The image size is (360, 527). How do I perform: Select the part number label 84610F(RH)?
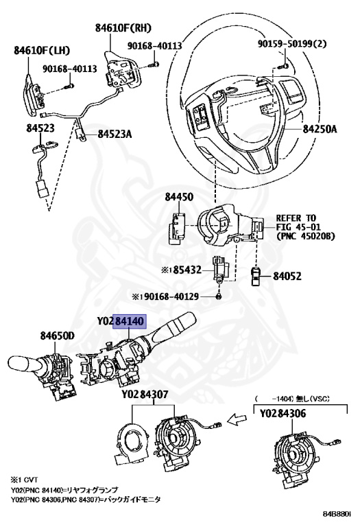123,28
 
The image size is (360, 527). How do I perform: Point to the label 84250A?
321,128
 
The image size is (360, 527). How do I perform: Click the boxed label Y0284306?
291,414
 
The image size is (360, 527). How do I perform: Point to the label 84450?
179,198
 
